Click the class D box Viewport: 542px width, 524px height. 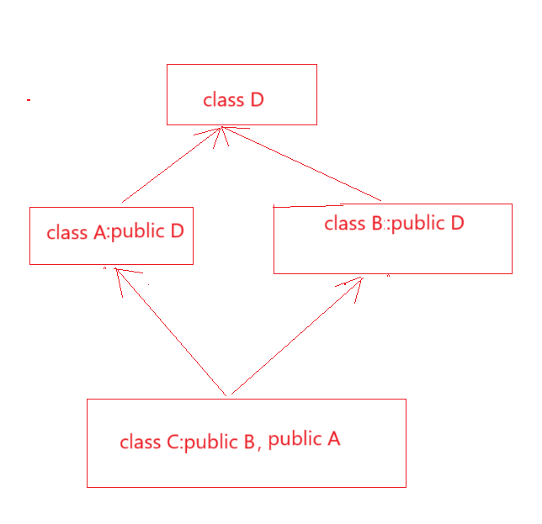pos(242,94)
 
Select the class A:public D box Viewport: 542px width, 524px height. pos(111,236)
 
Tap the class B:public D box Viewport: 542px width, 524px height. pos(392,239)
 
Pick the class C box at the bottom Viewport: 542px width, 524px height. pos(246,443)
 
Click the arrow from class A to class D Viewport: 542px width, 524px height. pos(172,165)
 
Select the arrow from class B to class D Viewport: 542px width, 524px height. pos(303,165)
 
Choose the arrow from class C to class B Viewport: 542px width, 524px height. pos(295,336)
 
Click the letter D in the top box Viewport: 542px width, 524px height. pos(258,100)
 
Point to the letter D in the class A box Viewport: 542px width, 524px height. pos(177,231)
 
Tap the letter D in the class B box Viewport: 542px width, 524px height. pos(457,223)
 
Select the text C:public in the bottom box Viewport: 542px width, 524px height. pos(203,442)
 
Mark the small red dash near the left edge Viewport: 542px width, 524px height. pos(29,100)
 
